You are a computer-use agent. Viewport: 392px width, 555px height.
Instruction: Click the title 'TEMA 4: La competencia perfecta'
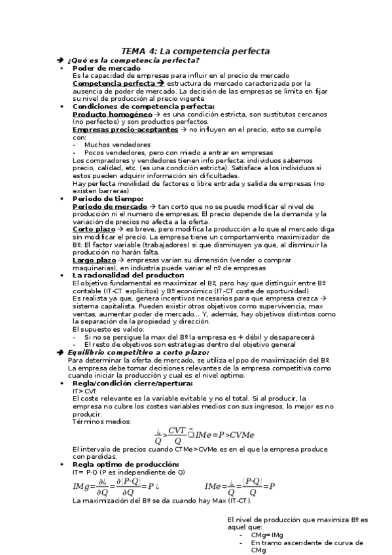[x=196, y=51]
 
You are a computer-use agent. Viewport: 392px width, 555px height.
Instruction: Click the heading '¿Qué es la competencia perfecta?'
[x=123, y=60]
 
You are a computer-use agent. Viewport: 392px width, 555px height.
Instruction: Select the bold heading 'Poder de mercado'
[x=106, y=68]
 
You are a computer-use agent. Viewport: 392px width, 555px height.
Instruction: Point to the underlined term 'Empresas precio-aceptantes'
[x=125, y=130]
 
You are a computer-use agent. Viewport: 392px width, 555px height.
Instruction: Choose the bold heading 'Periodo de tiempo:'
[x=107, y=198]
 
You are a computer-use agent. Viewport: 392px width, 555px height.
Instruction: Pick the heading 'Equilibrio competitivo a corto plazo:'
[x=137, y=352]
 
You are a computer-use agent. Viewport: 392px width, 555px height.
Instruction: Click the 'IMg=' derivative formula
[x=118, y=487]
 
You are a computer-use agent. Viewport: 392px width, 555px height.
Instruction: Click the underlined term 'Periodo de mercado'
[x=109, y=206]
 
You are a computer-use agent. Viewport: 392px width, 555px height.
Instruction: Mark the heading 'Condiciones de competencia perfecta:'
[x=143, y=106]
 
